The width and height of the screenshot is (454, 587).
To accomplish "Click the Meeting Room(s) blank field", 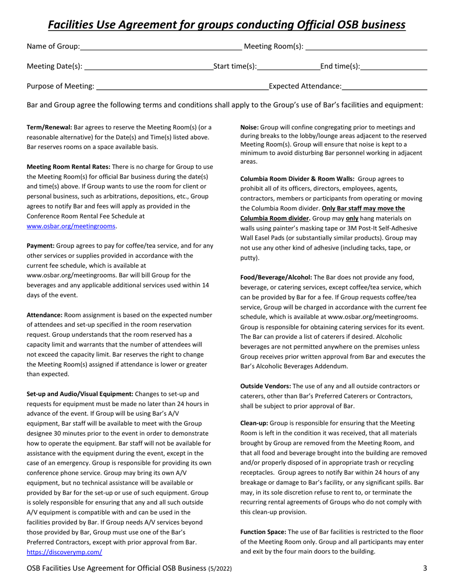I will point(366,46).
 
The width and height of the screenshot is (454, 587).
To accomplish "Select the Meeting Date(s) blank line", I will point(148,66).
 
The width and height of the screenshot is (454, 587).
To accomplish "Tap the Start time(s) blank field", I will point(288,66).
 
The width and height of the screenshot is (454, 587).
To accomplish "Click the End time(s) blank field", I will point(394,66).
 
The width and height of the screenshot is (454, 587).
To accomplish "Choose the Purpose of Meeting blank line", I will point(182,86).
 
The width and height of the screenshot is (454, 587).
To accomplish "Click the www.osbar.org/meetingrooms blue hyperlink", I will point(71,226).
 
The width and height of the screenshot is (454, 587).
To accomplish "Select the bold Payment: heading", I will point(41,246).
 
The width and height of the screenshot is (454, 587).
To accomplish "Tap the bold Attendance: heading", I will point(44,315).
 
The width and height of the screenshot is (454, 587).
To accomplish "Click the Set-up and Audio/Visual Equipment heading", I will point(80,394).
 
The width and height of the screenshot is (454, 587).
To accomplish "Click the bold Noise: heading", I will point(249,127).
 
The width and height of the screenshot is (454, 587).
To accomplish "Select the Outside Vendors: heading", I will point(265,386).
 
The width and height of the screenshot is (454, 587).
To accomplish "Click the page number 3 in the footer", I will point(425,568).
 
